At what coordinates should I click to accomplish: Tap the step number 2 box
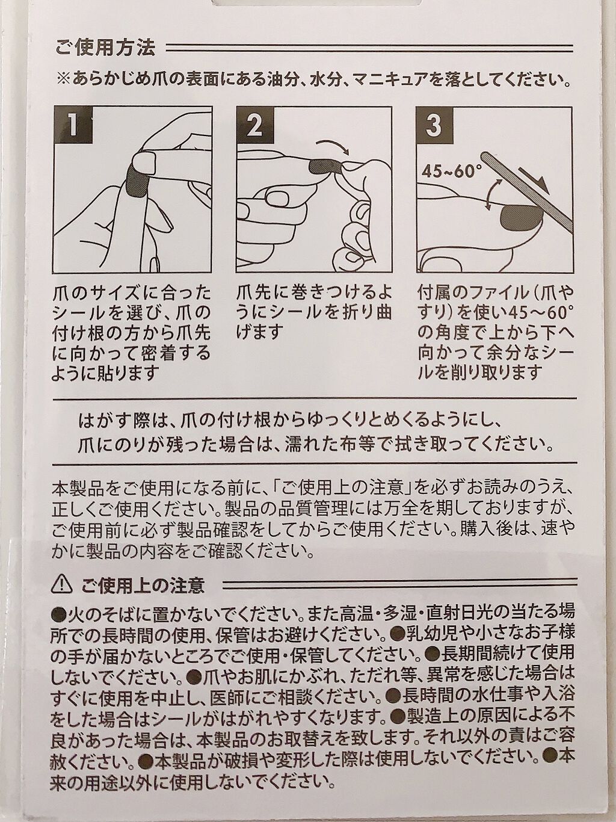(255, 125)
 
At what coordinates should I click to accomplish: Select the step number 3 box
(436, 125)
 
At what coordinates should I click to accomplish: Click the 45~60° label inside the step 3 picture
(450, 171)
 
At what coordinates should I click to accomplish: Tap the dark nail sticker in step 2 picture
(325, 166)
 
